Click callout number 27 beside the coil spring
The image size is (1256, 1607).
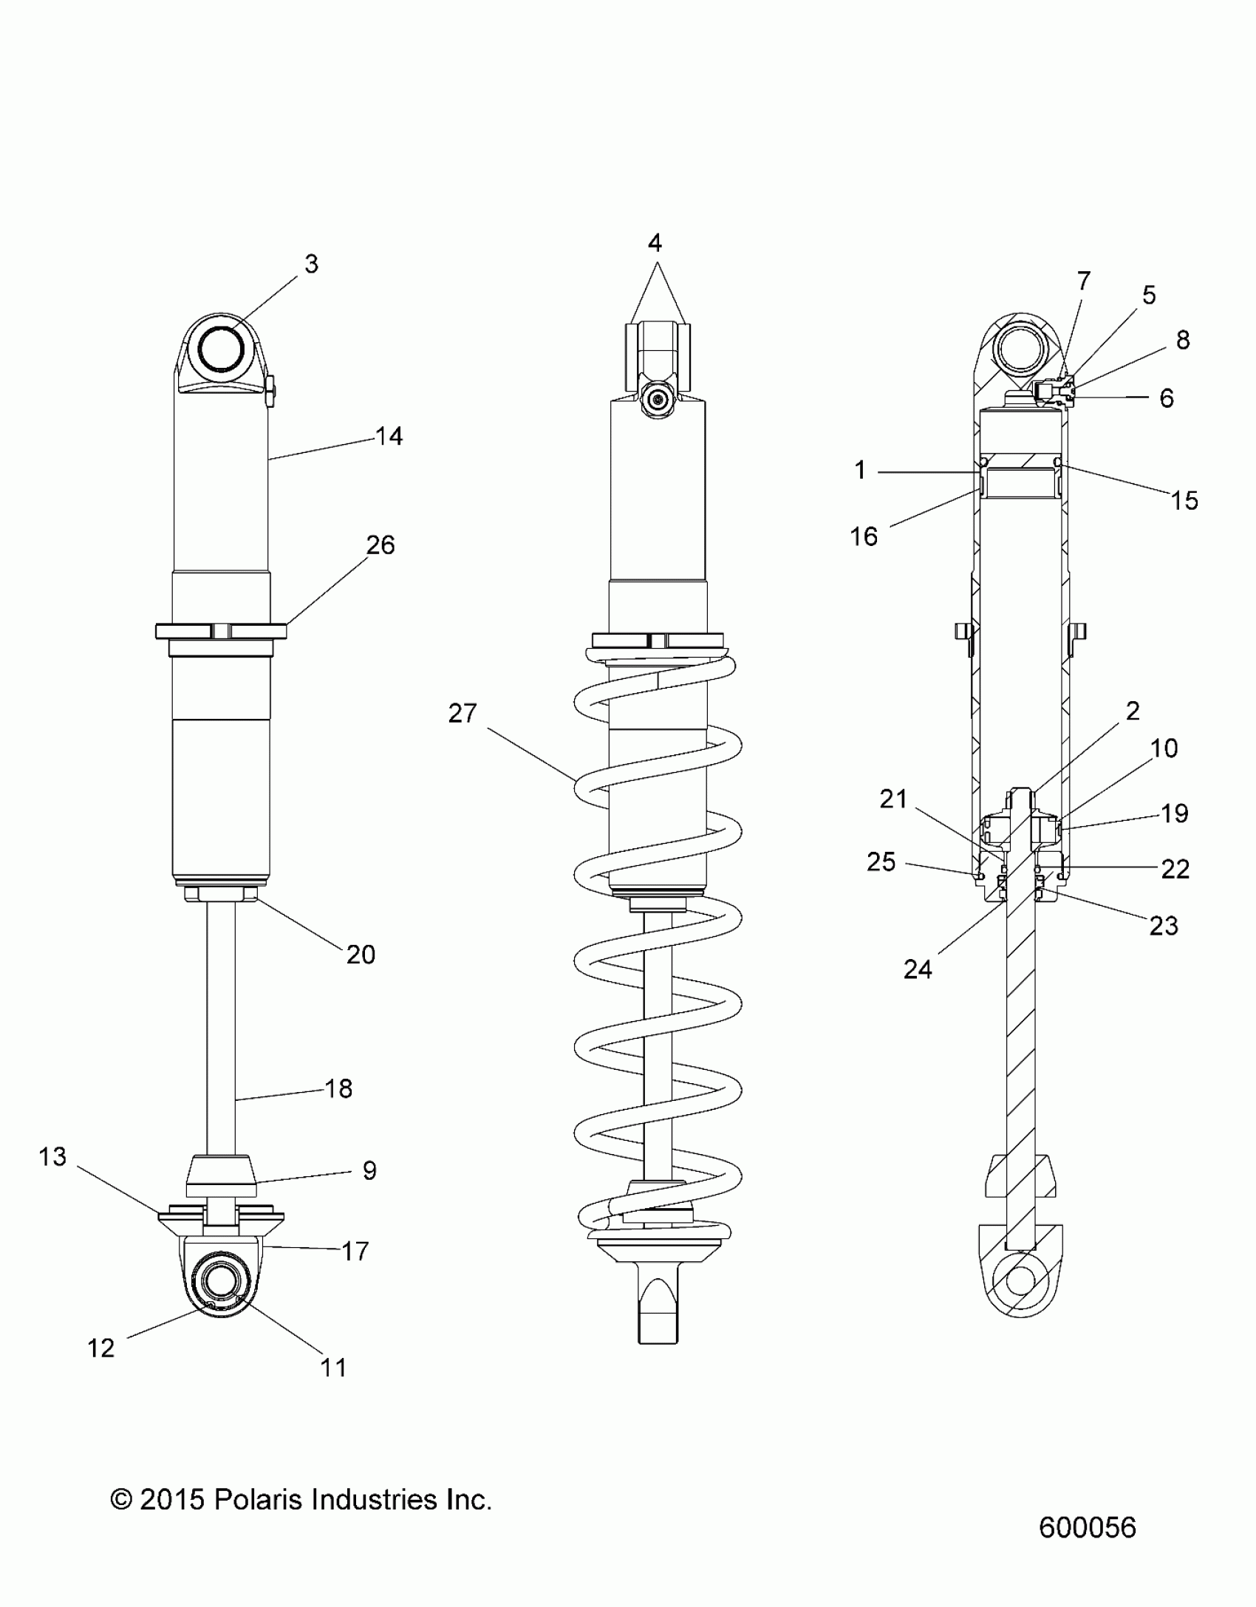coord(463,714)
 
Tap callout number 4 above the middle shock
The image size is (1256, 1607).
coord(655,243)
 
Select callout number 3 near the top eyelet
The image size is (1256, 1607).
coord(311,264)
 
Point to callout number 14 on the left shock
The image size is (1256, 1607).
coord(389,437)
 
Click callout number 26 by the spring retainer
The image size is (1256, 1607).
coord(380,545)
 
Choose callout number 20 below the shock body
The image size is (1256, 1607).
coord(361,955)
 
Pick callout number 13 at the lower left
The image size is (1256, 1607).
coord(52,1156)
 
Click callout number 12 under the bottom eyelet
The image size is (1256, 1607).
coord(101,1348)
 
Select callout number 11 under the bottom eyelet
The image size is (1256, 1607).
coord(333,1368)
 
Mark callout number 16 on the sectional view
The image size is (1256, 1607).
coord(864,536)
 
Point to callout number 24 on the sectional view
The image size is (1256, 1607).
coord(918,969)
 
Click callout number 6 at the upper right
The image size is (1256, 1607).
coord(1167,398)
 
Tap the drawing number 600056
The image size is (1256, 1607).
coord(1087,1527)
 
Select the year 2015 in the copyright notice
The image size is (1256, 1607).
coord(171,1500)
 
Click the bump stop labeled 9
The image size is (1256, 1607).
coord(221,1176)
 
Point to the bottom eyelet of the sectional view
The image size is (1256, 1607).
coord(1020,1280)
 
